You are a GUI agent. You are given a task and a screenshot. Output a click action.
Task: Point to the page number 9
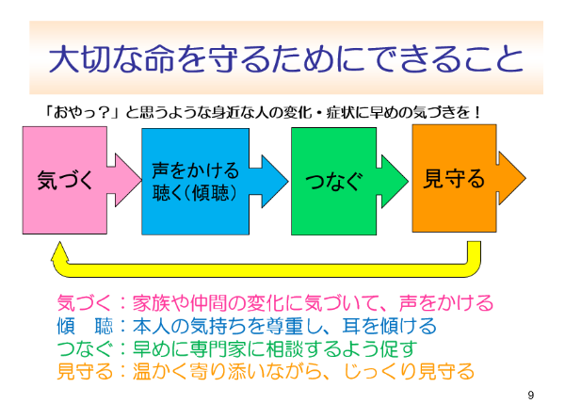531,395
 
